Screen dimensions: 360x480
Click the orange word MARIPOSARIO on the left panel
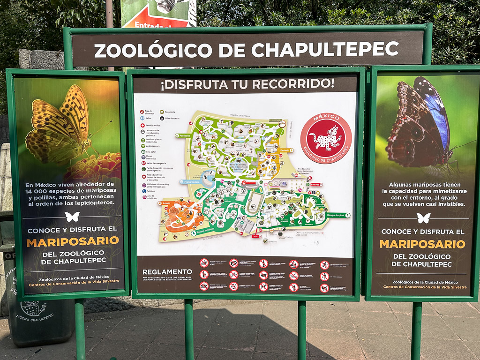point(73,242)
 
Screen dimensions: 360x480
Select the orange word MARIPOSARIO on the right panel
point(422,244)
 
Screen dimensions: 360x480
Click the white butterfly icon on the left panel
point(72,217)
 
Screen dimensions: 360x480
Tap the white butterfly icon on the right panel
point(423,218)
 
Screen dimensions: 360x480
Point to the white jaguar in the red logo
point(326,138)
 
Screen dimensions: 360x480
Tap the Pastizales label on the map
point(184,135)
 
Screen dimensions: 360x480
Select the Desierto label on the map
point(285,150)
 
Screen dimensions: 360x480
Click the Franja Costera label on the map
point(191,181)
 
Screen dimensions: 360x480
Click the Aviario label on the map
point(166,203)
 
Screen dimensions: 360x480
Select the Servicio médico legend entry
point(153,126)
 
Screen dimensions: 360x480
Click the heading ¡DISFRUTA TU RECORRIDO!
point(247,84)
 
